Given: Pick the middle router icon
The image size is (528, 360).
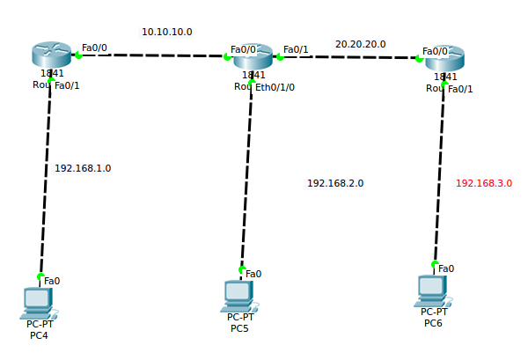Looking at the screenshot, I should (253, 56).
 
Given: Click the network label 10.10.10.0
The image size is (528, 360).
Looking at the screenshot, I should (167, 32).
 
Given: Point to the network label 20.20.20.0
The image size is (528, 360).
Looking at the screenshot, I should (360, 43).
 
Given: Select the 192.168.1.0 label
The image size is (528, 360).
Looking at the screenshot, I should (83, 168).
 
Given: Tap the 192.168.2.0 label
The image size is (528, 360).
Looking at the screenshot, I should (335, 183).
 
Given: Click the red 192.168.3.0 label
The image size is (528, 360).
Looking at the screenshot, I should (483, 183).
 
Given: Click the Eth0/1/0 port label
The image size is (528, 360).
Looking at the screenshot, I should (275, 87).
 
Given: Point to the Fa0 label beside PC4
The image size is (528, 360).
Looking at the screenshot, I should (52, 281).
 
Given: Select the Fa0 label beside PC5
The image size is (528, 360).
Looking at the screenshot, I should (253, 274).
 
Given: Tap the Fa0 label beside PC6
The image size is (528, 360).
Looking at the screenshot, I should (446, 268).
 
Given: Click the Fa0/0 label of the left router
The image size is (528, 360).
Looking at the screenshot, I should (95, 48).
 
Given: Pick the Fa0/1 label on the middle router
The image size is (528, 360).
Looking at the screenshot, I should (296, 49).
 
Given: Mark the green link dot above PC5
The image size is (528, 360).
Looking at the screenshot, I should (242, 268).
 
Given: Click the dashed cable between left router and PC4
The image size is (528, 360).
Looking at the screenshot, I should (45, 176).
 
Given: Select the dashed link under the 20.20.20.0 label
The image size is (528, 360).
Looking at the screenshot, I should (352, 57).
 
